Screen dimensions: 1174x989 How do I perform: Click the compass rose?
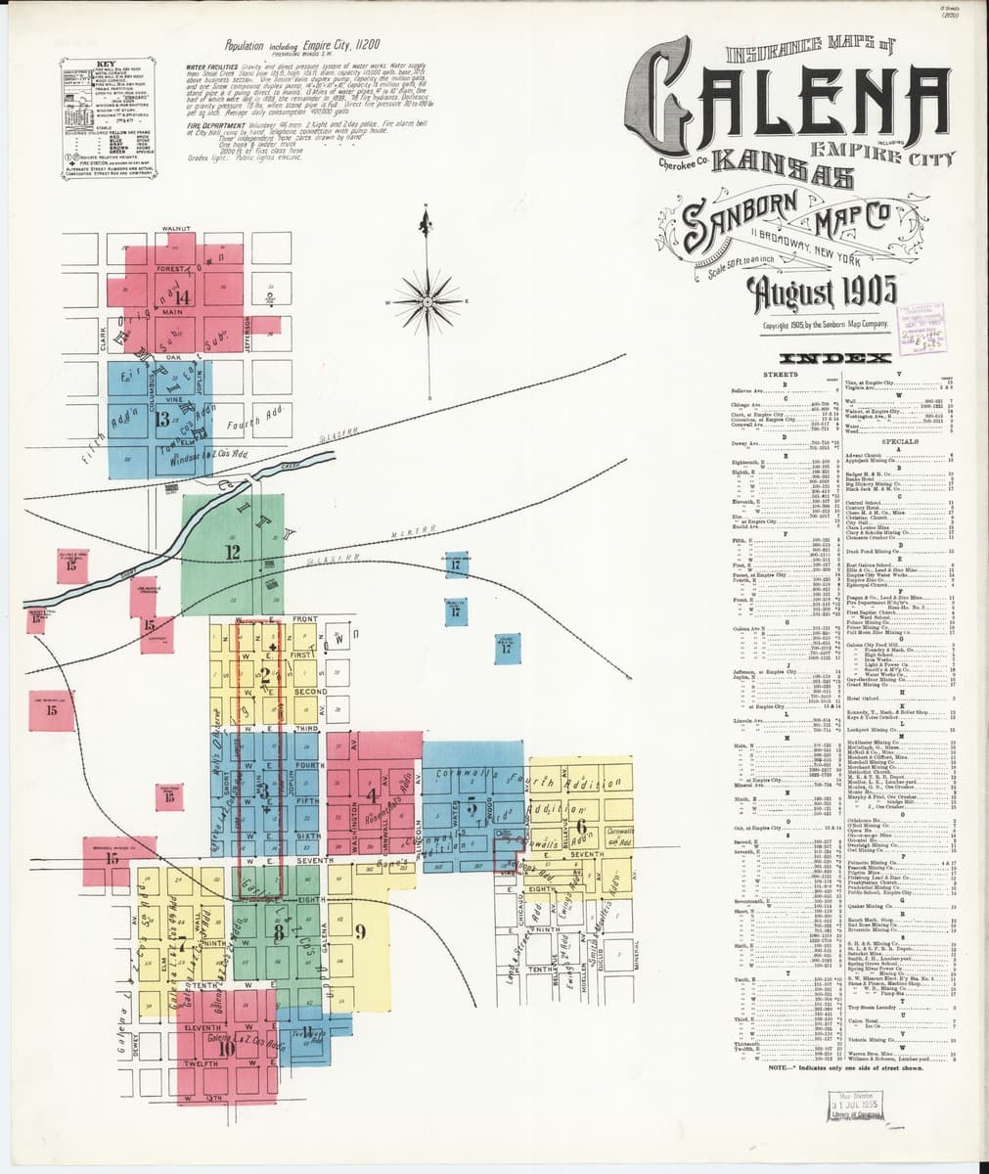(x=427, y=292)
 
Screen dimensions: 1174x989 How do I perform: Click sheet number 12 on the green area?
(x=233, y=553)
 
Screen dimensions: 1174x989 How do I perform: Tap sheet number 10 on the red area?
(x=227, y=1048)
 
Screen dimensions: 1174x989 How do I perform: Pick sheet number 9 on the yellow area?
(x=360, y=930)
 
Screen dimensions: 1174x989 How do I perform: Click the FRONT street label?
(x=303, y=619)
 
